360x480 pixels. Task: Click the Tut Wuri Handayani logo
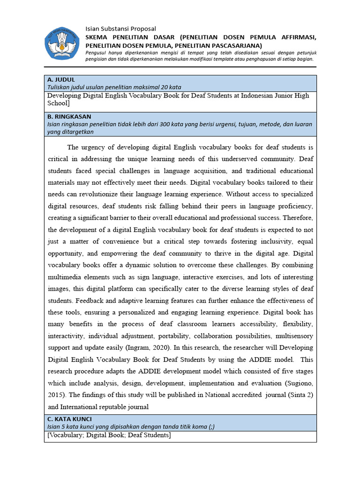62,43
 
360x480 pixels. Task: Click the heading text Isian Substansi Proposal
120,29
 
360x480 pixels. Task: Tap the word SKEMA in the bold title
97,37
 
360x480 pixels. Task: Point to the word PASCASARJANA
237,45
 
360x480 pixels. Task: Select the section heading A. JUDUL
61,80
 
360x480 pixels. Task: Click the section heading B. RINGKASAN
69,116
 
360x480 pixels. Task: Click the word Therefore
296,218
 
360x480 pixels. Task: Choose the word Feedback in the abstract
89,300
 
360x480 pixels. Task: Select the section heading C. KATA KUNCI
70,419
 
